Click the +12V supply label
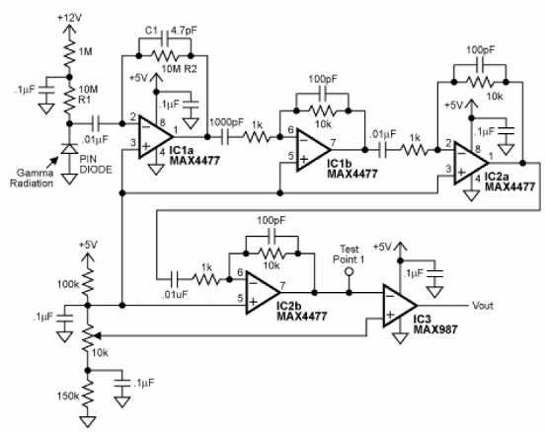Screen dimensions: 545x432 [x=69, y=18]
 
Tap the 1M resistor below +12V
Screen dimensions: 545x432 [x=69, y=53]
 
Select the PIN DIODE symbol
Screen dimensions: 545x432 [x=69, y=149]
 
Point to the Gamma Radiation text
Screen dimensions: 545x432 [x=32, y=178]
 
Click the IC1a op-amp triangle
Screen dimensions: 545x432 [x=155, y=136]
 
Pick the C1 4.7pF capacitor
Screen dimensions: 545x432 [x=165, y=36]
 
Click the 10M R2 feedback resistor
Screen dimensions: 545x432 [x=165, y=55]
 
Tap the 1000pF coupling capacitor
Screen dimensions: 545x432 [x=225, y=137]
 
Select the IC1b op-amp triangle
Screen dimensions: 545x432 [x=313, y=150]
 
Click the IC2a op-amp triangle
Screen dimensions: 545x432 [x=471, y=163]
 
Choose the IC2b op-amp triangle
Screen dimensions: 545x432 [x=263, y=292]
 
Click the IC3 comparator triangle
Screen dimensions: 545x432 [x=400, y=306]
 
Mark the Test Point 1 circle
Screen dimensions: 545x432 [x=350, y=271]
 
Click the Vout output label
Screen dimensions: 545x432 [x=483, y=306]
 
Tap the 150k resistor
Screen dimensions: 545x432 [x=88, y=395]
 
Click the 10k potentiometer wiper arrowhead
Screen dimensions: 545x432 [x=97, y=335]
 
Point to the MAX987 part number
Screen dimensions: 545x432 [x=435, y=329]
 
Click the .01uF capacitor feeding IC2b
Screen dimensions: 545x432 [x=175, y=279]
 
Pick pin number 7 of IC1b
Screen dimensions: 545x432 [x=333, y=142]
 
